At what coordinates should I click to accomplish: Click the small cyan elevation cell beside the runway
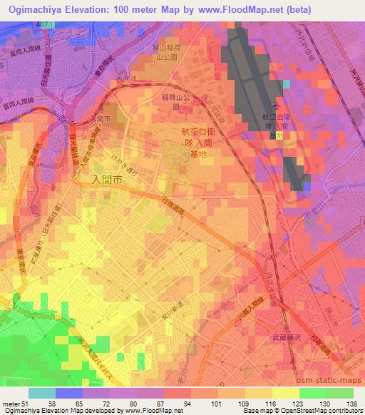coord(287,83)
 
